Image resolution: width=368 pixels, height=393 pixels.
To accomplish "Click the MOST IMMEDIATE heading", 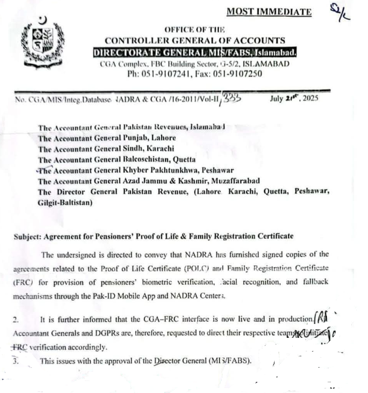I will (x=269, y=12).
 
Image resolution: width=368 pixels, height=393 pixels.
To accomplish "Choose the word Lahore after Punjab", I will (x=163, y=138).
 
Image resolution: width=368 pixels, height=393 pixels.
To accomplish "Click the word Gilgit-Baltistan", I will (x=65, y=202).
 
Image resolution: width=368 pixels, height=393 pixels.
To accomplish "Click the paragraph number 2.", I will (x=15, y=319).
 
